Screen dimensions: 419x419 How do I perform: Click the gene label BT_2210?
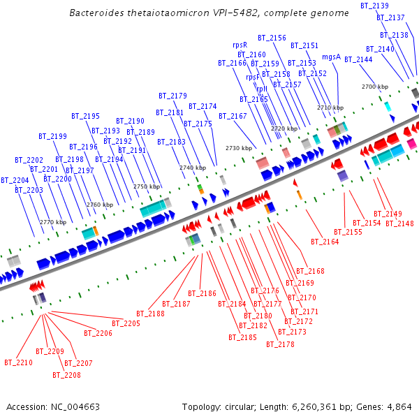click(x=18, y=362)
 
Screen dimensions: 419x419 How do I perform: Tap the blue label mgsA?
click(x=331, y=57)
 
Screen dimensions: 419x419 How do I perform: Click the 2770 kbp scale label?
click(x=52, y=222)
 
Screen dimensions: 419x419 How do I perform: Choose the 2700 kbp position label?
click(x=374, y=87)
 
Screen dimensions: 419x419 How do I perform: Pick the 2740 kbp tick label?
click(x=192, y=168)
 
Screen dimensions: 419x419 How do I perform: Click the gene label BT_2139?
click(x=374, y=6)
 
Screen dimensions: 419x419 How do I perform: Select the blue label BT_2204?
click(x=15, y=180)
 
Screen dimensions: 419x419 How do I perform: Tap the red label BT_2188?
click(x=150, y=314)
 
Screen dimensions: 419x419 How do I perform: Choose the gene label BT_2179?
click(x=172, y=96)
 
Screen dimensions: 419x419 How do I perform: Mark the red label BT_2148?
click(x=399, y=223)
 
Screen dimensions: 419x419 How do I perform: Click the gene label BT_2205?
click(x=126, y=323)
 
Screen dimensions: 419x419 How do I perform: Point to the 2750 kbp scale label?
click(x=146, y=186)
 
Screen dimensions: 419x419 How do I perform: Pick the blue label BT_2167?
click(x=233, y=116)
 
